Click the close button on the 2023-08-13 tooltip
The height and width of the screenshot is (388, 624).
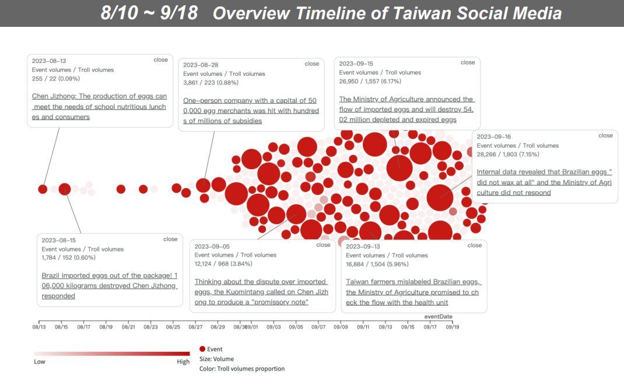(x=160, y=60)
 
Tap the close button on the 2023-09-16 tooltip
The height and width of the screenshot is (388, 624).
(x=605, y=135)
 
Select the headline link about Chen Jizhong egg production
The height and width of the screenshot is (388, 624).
(x=99, y=107)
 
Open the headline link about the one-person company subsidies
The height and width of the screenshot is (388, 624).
(x=251, y=110)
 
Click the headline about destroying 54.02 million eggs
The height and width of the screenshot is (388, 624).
(x=406, y=109)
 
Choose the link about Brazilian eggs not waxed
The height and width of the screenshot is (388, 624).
(x=544, y=182)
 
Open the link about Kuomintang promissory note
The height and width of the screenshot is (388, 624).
(x=261, y=291)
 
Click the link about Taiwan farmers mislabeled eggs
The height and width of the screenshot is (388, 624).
(x=413, y=292)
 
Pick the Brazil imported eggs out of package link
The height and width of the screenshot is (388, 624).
(x=110, y=285)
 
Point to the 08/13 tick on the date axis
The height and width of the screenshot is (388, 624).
(x=39, y=327)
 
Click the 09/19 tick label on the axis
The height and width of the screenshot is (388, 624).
(x=453, y=327)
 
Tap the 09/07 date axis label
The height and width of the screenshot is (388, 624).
(x=318, y=327)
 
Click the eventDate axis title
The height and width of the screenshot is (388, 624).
(x=438, y=317)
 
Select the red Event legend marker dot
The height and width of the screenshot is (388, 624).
(x=202, y=349)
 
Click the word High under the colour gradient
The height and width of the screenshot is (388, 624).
(x=183, y=362)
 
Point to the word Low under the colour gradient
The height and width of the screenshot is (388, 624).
(x=40, y=362)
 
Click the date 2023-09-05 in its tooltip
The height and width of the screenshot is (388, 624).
(x=212, y=246)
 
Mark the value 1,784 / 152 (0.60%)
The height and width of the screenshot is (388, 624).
(x=68, y=257)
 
